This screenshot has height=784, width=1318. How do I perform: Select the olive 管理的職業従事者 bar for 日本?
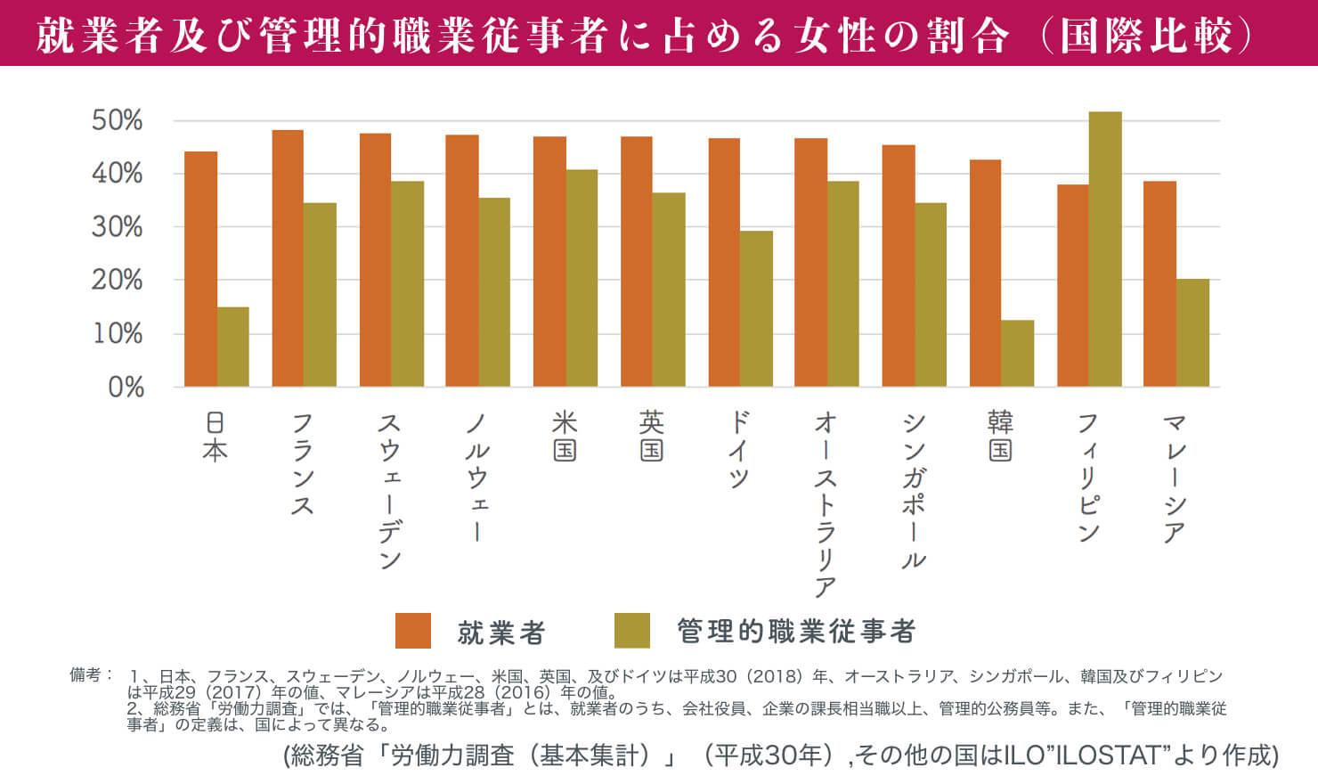(233, 347)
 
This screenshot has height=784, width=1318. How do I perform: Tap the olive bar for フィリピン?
(1105, 249)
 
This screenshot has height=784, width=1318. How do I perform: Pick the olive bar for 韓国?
(1018, 353)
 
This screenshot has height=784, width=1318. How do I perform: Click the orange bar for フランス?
(288, 258)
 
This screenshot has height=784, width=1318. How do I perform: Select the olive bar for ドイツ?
(756, 308)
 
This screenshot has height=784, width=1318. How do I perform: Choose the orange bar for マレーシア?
(1159, 283)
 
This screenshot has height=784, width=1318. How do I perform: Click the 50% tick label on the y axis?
(118, 121)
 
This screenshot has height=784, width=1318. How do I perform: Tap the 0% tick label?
(126, 388)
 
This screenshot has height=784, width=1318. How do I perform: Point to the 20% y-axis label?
(118, 281)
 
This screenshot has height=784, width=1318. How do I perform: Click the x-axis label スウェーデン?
(390, 491)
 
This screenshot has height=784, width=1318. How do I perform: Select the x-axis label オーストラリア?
(826, 504)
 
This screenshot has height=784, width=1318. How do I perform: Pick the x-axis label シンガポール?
(914, 491)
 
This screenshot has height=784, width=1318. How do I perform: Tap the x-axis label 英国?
(652, 436)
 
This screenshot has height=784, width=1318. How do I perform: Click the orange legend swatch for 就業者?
(413, 631)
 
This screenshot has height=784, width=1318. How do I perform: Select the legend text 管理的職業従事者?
(796, 632)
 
